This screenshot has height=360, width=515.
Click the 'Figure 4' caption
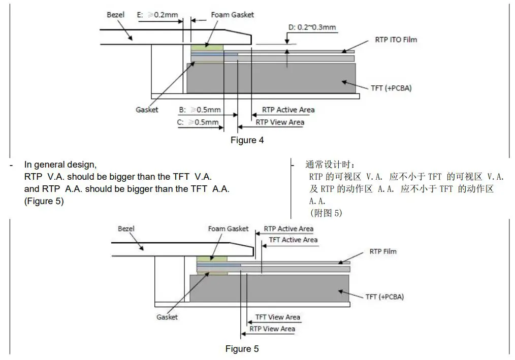click(x=247, y=140)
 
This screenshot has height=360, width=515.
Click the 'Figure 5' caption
click(x=242, y=349)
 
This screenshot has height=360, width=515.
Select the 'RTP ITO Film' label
click(x=396, y=40)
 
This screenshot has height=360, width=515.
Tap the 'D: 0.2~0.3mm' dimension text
click(x=312, y=27)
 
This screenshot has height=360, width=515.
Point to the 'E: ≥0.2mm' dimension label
click(x=157, y=15)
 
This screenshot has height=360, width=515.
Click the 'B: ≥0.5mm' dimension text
click(x=200, y=110)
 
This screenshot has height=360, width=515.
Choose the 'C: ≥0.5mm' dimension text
click(x=198, y=122)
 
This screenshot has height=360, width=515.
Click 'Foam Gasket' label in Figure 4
click(x=233, y=15)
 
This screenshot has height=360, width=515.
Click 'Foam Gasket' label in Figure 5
click(x=228, y=229)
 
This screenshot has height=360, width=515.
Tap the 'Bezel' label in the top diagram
click(x=115, y=15)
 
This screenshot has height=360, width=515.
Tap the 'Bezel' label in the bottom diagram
click(x=126, y=229)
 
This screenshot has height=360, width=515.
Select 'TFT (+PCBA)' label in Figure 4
click(x=391, y=88)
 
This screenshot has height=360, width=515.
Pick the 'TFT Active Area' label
click(x=293, y=240)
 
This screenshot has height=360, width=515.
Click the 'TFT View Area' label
click(x=277, y=317)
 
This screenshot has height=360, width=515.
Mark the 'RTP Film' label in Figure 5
click(x=383, y=251)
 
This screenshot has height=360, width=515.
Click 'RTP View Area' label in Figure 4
click(x=280, y=122)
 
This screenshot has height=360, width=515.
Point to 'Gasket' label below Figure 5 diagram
click(x=167, y=317)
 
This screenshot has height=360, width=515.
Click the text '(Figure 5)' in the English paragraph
click(x=44, y=201)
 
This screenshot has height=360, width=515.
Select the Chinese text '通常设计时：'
click(x=330, y=165)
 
